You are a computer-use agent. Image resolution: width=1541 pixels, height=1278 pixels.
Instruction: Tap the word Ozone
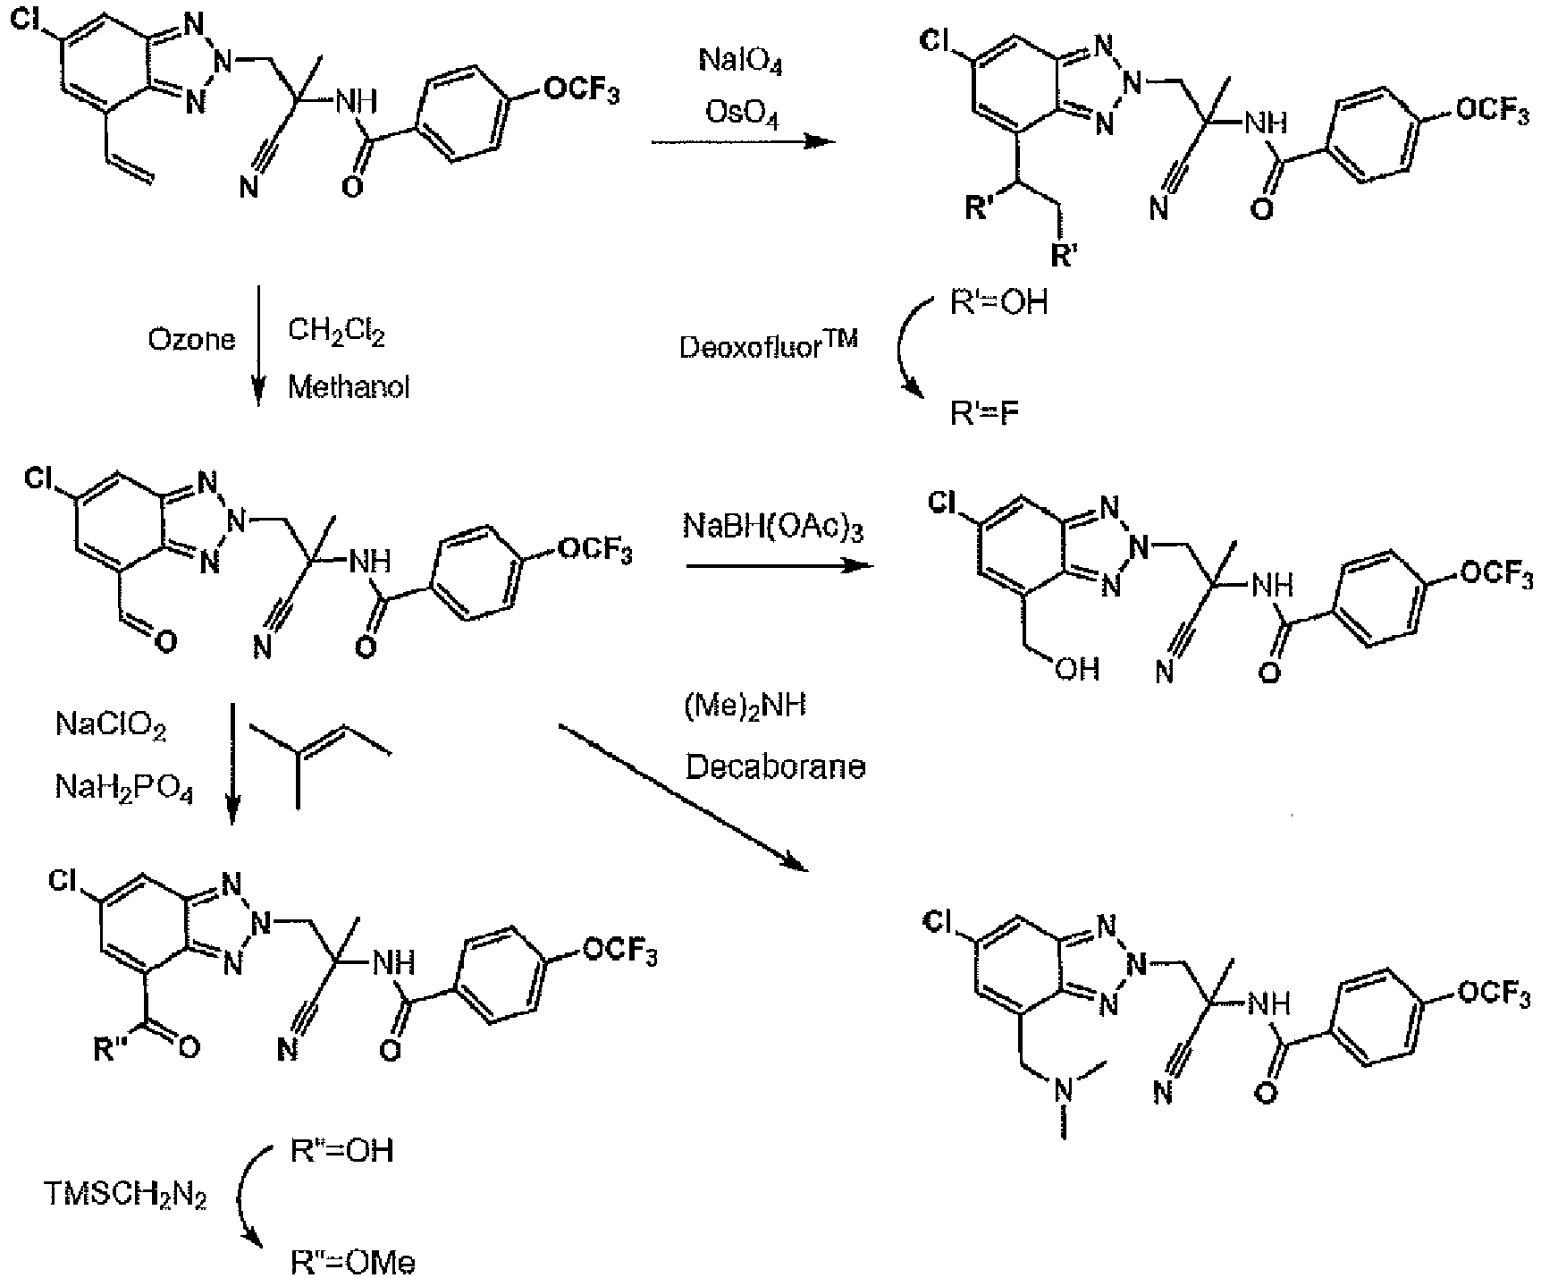click(192, 341)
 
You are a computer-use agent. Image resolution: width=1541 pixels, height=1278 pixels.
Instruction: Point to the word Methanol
click(349, 388)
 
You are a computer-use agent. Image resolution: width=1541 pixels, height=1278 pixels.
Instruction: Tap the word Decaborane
click(775, 766)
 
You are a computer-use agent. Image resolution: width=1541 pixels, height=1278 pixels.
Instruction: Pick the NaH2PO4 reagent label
click(124, 788)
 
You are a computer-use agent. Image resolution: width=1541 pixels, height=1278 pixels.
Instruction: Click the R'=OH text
click(998, 302)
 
